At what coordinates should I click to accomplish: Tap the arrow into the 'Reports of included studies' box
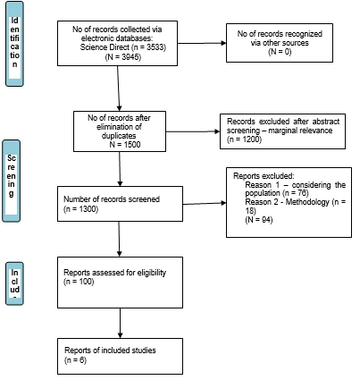tap(120, 324)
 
